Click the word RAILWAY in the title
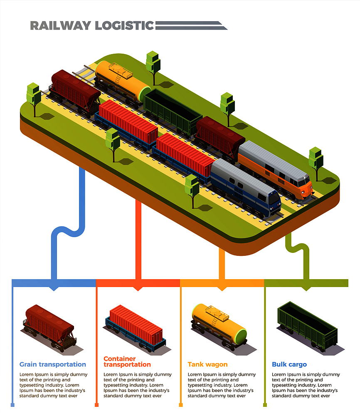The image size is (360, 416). click(x=61, y=25)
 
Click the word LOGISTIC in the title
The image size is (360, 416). click(x=124, y=25)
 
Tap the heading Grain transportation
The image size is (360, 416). click(x=53, y=364)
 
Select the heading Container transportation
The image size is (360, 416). click(x=127, y=362)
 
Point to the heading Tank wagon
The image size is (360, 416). click(x=207, y=364)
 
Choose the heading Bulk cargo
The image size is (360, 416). click(x=289, y=364)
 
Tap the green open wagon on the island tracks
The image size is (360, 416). click(x=173, y=112)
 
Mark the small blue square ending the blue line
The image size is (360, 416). click(x=12, y=405)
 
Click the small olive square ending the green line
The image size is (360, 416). click(x=265, y=405)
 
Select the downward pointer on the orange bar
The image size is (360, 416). click(x=222, y=289)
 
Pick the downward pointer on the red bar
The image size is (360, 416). click(x=138, y=289)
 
